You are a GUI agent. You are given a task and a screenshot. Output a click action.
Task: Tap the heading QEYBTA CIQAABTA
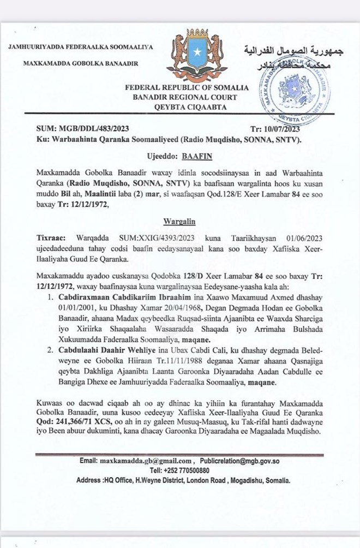click(187, 107)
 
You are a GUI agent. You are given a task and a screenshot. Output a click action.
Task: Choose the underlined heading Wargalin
click(179, 222)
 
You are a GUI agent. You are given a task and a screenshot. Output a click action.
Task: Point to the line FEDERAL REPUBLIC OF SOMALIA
click(187, 87)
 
